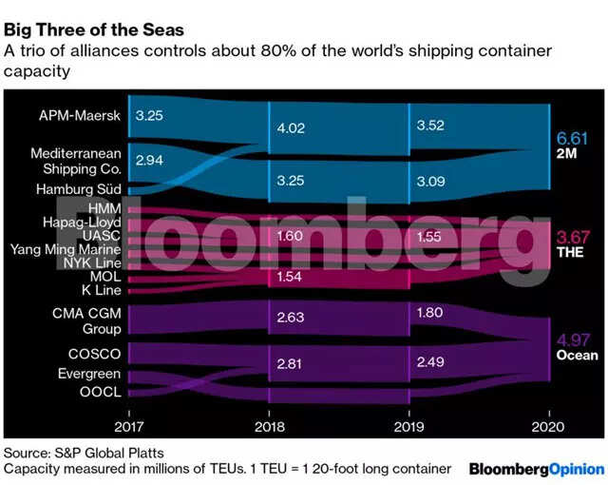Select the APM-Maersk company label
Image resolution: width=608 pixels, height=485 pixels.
[80, 116]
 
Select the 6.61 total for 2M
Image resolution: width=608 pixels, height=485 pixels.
[572, 139]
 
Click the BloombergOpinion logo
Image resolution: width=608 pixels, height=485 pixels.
[536, 469]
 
